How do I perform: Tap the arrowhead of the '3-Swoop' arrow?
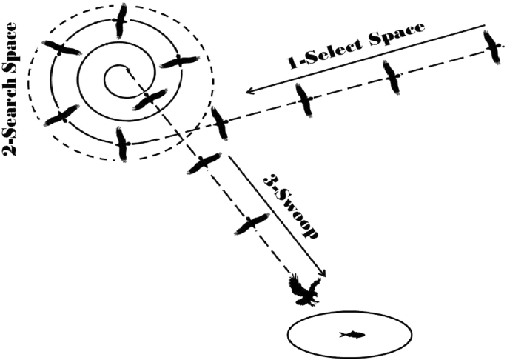[326, 273]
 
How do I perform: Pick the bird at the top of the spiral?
[121, 20]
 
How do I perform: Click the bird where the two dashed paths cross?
[219, 122]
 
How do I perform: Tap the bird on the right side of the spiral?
[180, 62]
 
